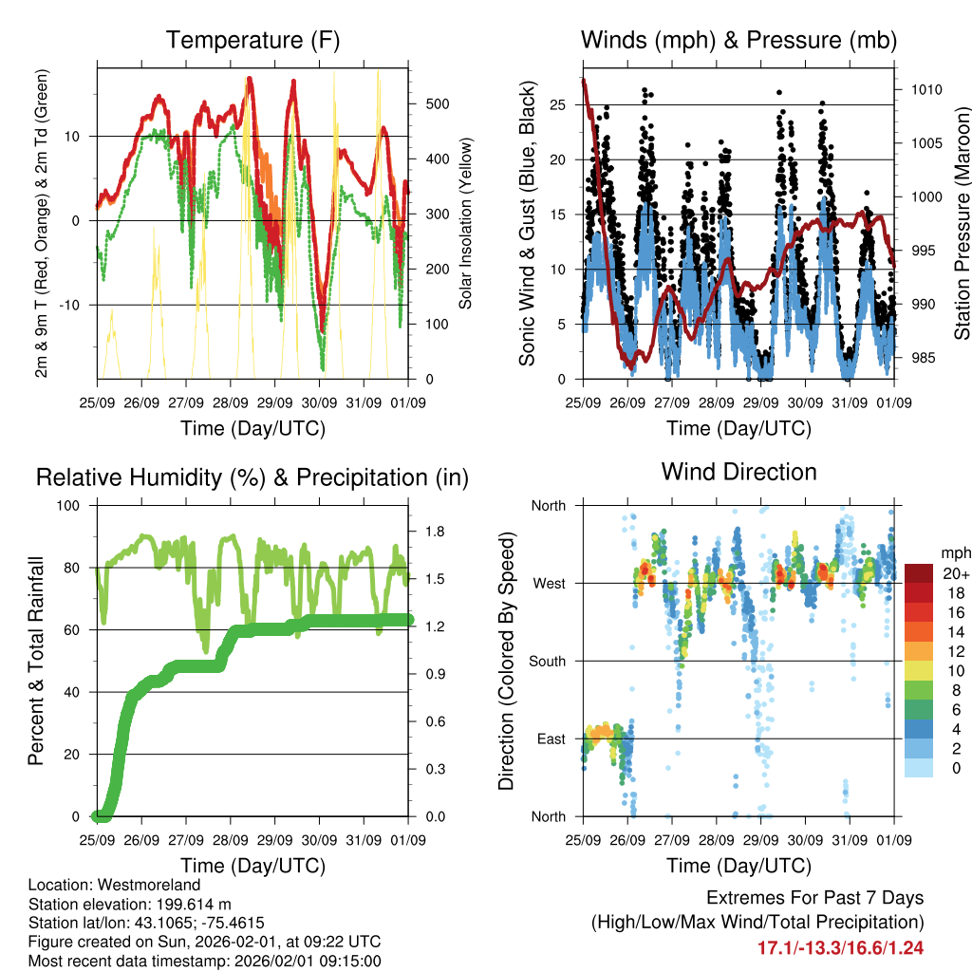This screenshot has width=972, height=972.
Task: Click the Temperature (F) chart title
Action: pyautogui.click(x=252, y=41)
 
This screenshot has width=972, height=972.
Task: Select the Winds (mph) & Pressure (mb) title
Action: pyautogui.click(x=738, y=41)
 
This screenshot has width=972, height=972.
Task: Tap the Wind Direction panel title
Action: pyautogui.click(x=738, y=472)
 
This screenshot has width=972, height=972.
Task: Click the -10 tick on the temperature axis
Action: pyautogui.click(x=79, y=305)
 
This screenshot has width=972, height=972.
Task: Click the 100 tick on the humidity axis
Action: pyautogui.click(x=74, y=506)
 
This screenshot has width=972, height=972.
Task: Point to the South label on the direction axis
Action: pyautogui.click(x=548, y=661)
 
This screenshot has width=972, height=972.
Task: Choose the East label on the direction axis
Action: pyautogui.click(x=551, y=738)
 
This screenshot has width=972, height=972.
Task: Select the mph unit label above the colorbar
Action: pyautogui.click(x=954, y=552)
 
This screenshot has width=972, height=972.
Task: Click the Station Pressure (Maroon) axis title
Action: pyautogui.click(x=962, y=209)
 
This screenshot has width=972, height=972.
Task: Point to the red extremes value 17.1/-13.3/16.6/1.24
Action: pyautogui.click(x=840, y=947)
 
